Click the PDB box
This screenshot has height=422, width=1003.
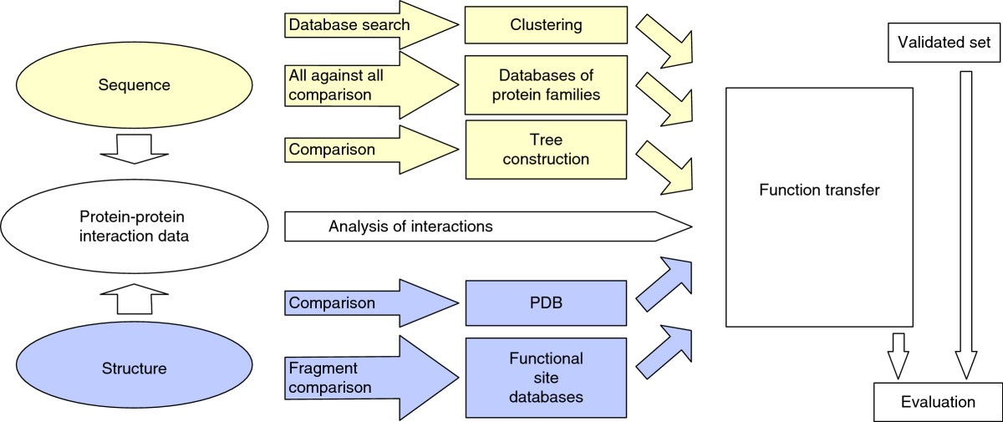(x=547, y=302)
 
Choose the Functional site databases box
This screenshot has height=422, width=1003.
(x=546, y=378)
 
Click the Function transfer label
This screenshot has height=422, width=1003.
(x=819, y=191)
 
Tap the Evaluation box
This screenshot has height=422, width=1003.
(x=937, y=402)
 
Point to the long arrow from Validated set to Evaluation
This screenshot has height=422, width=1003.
(x=966, y=226)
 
